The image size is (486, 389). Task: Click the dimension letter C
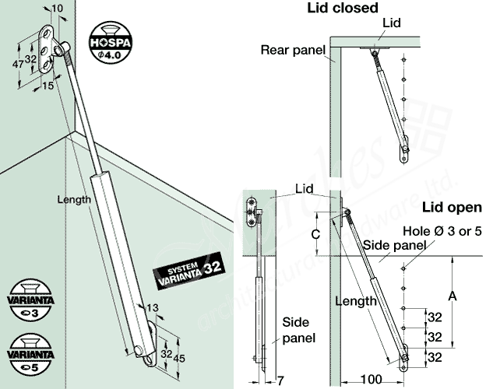pos(314,233)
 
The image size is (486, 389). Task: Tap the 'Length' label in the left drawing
pos(74,199)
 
